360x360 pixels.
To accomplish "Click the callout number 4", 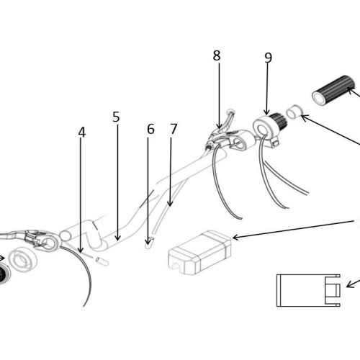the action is pos(82,132).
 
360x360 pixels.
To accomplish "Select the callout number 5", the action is pos(116,117).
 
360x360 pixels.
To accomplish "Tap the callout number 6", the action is pos(150,129).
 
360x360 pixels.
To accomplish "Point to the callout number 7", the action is pos(174,129).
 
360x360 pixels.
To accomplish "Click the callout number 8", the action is pos(217,55).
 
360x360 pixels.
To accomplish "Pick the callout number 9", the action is pos(269,58).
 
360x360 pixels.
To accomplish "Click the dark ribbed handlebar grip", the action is pos(333,90).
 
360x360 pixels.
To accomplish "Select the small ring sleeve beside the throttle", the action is pos(294,112).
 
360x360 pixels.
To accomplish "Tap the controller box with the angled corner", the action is pos(200,253).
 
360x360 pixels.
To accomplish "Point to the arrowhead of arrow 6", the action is pos(148,243).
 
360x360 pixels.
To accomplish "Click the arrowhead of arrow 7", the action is pos(170,204).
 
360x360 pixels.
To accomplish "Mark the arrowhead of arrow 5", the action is pos(117,238).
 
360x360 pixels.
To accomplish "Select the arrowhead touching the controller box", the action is pos(235,237).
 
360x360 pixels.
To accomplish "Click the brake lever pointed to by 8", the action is pos(220,131).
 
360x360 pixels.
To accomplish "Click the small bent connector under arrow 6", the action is pos(149,243).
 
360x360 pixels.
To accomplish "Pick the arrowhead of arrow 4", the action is pos(81,251).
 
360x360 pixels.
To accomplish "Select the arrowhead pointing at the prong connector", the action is pos(349,285).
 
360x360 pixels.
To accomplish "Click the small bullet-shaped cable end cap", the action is pos(102,261).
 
